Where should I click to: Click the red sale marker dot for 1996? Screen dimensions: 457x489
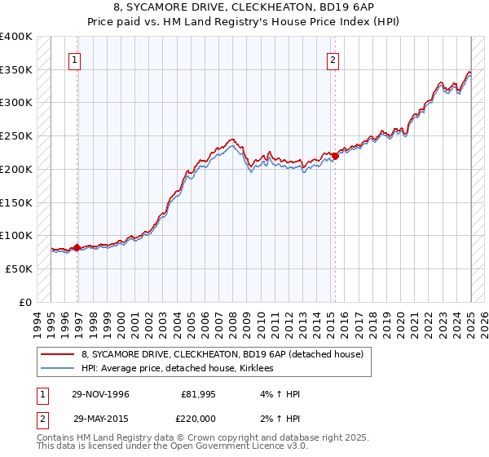(77, 247)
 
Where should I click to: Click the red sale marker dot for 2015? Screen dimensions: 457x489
(335, 156)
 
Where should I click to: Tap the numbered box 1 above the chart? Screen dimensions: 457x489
(74, 59)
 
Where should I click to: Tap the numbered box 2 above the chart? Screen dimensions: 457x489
(333, 59)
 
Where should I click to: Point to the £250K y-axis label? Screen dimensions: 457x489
(16, 136)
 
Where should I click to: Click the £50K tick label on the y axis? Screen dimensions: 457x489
(20, 268)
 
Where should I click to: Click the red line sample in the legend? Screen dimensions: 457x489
(57, 354)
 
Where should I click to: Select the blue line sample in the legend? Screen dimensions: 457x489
(57, 369)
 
